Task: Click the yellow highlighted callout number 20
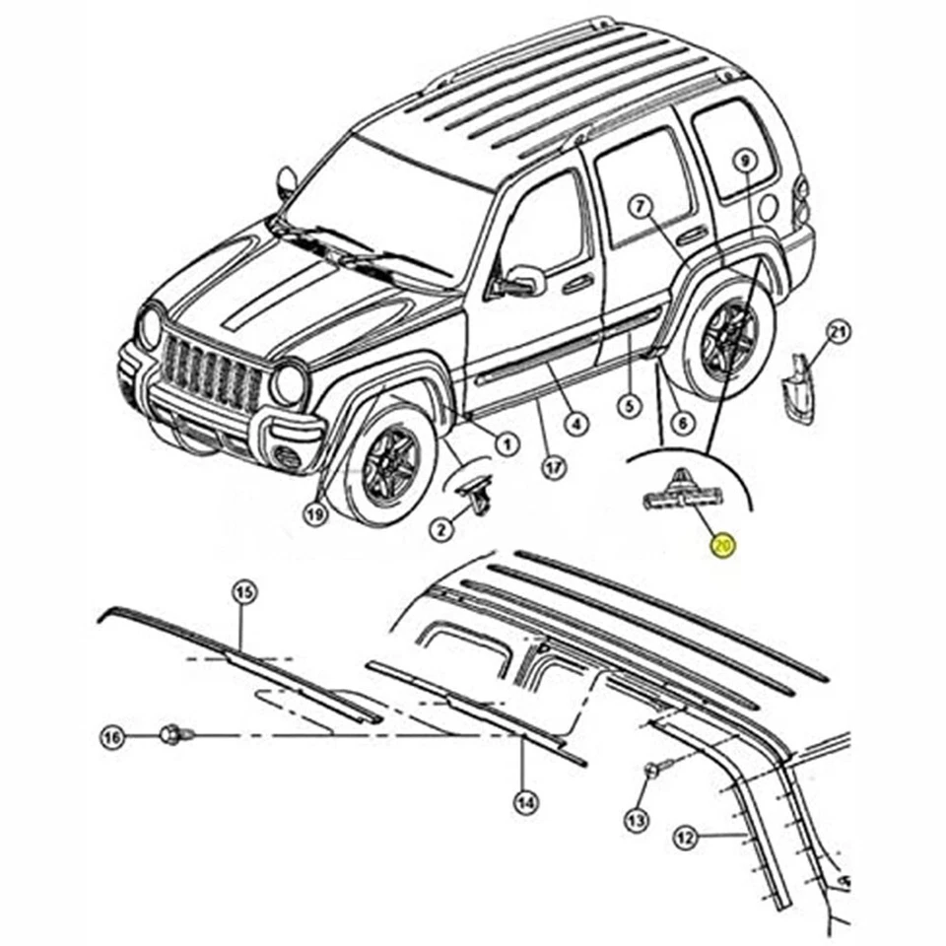(724, 545)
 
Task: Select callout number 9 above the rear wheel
(745, 160)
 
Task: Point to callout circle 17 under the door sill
(555, 466)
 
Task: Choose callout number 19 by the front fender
(313, 513)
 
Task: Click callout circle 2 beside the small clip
(441, 531)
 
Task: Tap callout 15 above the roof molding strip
(243, 592)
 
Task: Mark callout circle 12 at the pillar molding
(686, 839)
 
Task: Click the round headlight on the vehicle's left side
(288, 384)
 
